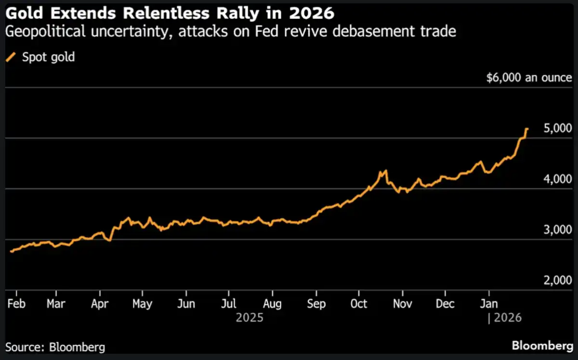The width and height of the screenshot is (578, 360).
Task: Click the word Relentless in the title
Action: click(173, 13)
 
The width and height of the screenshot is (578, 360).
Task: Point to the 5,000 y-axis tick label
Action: click(556, 129)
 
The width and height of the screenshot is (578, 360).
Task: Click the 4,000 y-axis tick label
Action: click(556, 179)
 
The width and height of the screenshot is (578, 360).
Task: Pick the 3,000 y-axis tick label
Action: click(556, 230)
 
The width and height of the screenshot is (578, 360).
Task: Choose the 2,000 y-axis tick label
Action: click(556, 280)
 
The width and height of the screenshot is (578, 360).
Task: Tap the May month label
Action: click(143, 304)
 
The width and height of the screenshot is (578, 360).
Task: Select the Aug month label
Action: click(273, 304)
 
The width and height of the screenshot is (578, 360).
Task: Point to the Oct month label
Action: click(359, 304)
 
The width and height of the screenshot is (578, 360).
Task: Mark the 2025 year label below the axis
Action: click(250, 318)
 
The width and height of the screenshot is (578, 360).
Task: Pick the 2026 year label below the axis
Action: click(507, 318)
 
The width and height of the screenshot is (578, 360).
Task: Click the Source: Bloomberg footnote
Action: click(55, 347)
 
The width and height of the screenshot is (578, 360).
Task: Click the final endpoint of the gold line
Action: click(527, 129)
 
